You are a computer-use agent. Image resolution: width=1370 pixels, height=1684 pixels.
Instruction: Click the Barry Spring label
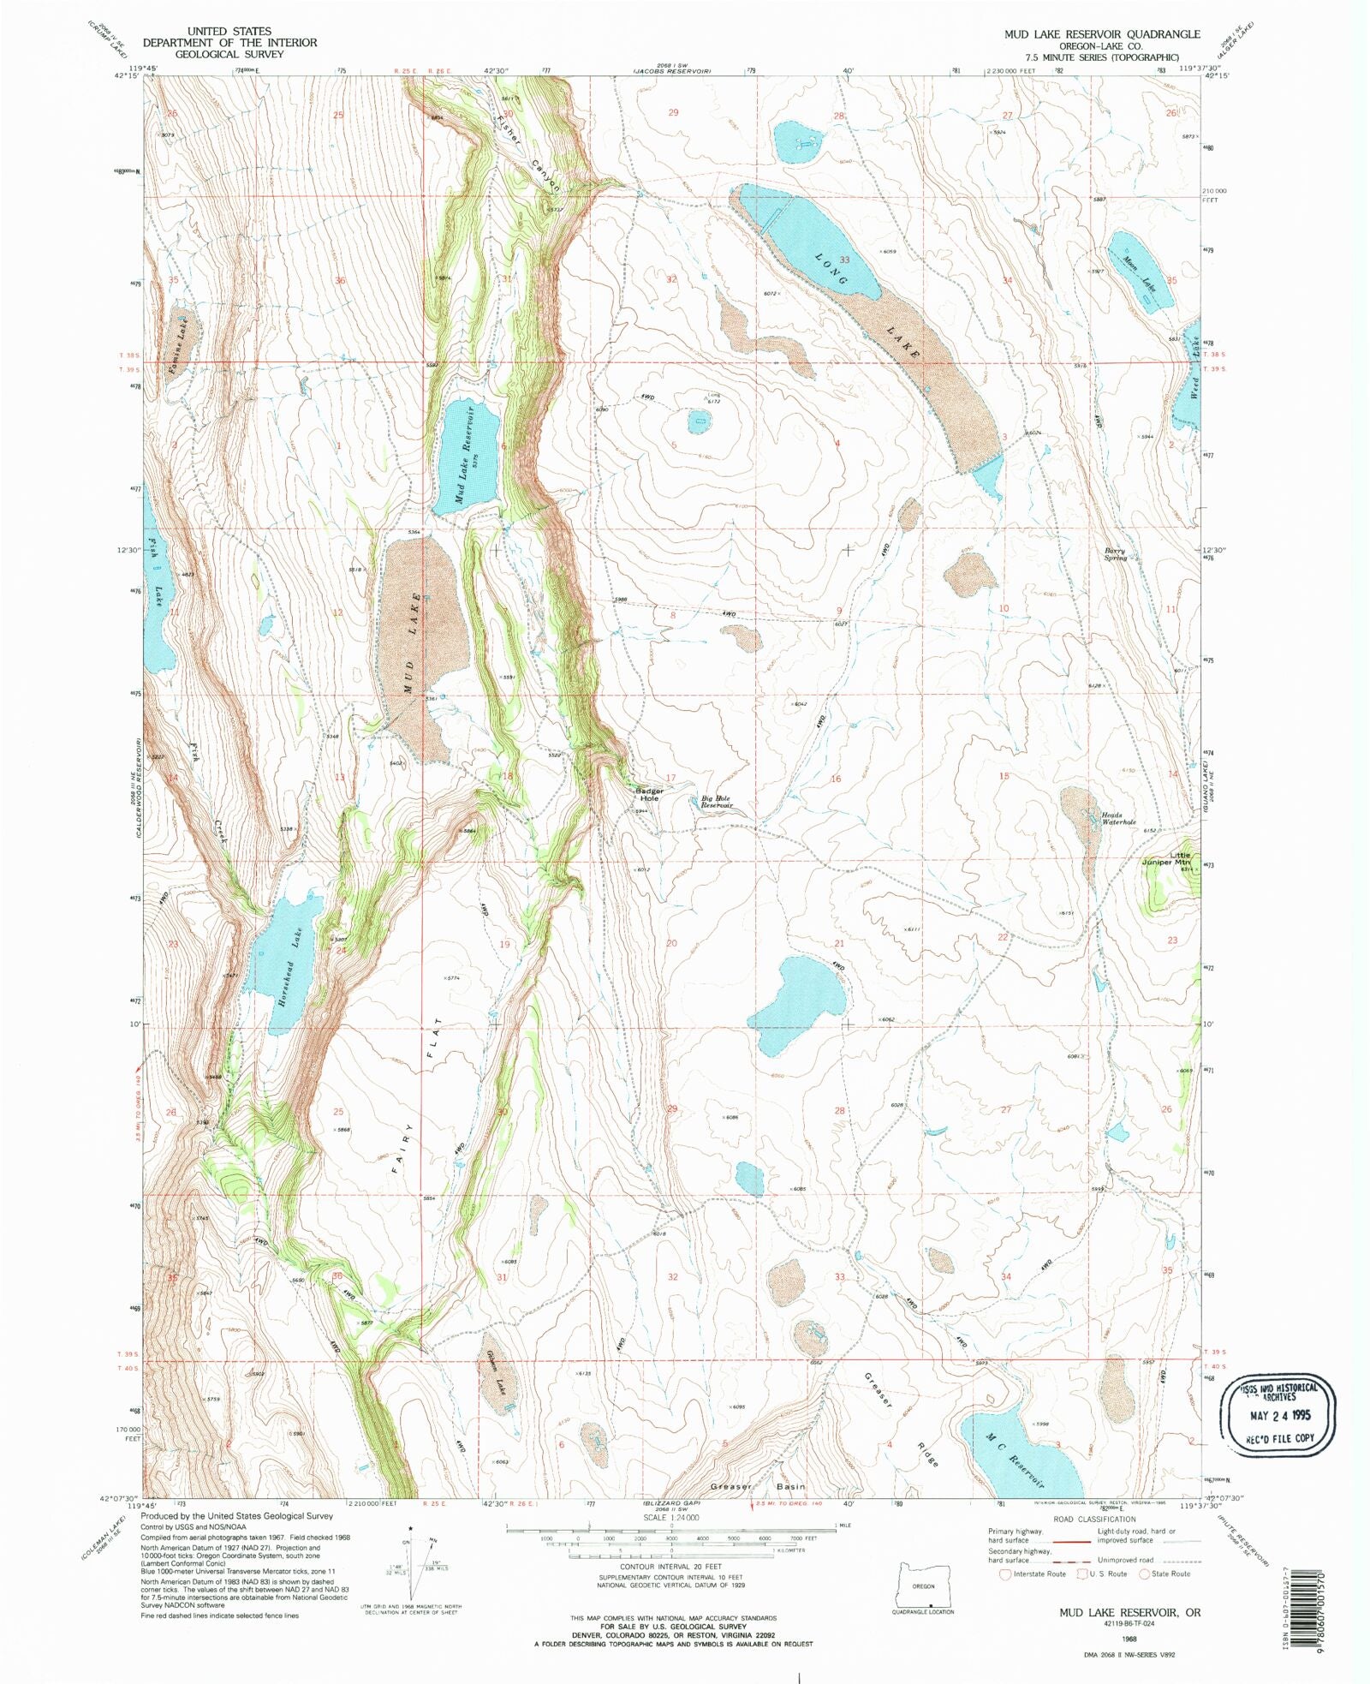(1116, 554)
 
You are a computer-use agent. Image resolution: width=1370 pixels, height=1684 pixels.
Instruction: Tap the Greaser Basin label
(758, 1486)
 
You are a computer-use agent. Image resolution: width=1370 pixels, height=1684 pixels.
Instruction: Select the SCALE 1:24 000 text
(671, 1517)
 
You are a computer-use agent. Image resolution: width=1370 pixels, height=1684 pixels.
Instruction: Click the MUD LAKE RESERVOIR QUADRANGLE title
(1102, 33)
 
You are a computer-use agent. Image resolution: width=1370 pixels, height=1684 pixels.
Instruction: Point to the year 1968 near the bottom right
(1129, 1638)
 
